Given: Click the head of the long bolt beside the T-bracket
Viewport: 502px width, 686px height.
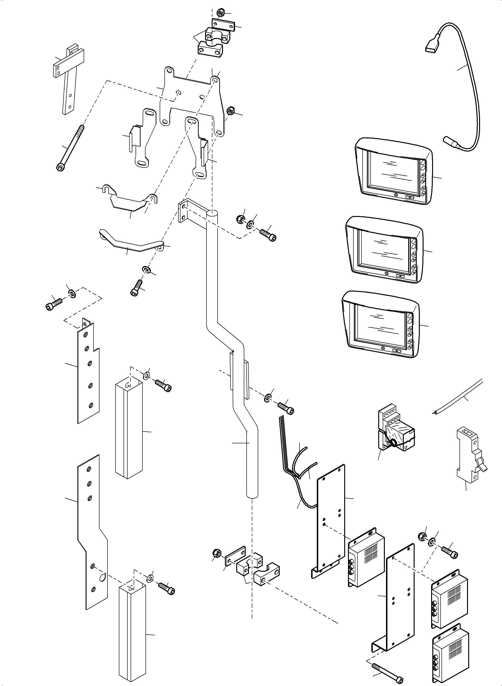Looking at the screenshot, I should (60, 167).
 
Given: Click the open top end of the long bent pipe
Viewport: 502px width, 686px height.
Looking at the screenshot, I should (212, 213).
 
